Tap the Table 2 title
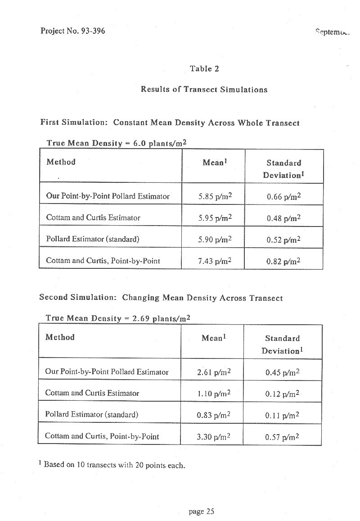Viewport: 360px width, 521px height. (x=204, y=69)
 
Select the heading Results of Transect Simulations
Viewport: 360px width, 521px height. (x=204, y=89)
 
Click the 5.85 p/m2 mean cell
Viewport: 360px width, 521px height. (x=215, y=196)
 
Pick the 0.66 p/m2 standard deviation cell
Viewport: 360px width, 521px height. (x=283, y=196)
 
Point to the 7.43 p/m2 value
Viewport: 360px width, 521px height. (x=215, y=261)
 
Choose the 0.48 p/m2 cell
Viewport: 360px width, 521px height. (x=283, y=218)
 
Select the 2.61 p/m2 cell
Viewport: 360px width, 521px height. (x=214, y=372)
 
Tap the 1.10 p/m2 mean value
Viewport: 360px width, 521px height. (x=214, y=394)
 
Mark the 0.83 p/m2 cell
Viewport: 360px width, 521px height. (x=214, y=415)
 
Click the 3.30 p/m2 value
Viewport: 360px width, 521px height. (x=214, y=436)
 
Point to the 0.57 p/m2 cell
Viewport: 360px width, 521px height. (x=283, y=436)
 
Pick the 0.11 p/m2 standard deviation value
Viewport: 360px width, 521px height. (x=283, y=415)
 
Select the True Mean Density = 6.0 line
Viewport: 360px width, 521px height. (x=117, y=143)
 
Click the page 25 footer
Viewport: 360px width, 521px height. (x=202, y=511)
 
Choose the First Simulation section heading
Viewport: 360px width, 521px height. (x=170, y=122)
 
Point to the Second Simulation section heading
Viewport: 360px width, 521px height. (x=161, y=298)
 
